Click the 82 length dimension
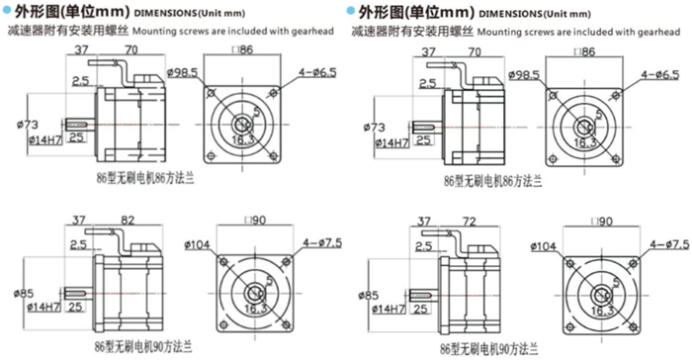128,221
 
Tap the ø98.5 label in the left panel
185,73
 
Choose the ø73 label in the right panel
376,128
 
